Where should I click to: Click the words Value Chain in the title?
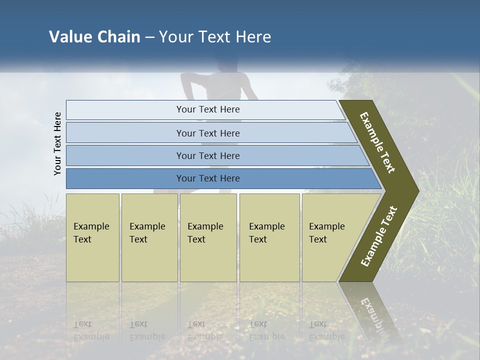click(94, 37)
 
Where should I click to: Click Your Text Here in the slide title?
click(215, 37)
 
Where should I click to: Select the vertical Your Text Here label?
click(57, 143)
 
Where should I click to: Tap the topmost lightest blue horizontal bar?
click(207, 109)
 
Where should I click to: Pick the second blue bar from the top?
click(207, 133)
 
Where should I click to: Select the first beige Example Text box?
click(92, 237)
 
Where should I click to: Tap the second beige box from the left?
click(149, 237)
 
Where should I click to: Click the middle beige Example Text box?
click(208, 237)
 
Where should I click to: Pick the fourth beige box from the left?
click(269, 237)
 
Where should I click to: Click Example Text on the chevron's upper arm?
click(377, 142)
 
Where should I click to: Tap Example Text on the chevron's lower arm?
click(379, 236)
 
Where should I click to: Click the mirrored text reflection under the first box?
click(91, 330)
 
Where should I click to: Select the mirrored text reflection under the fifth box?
click(326, 330)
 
